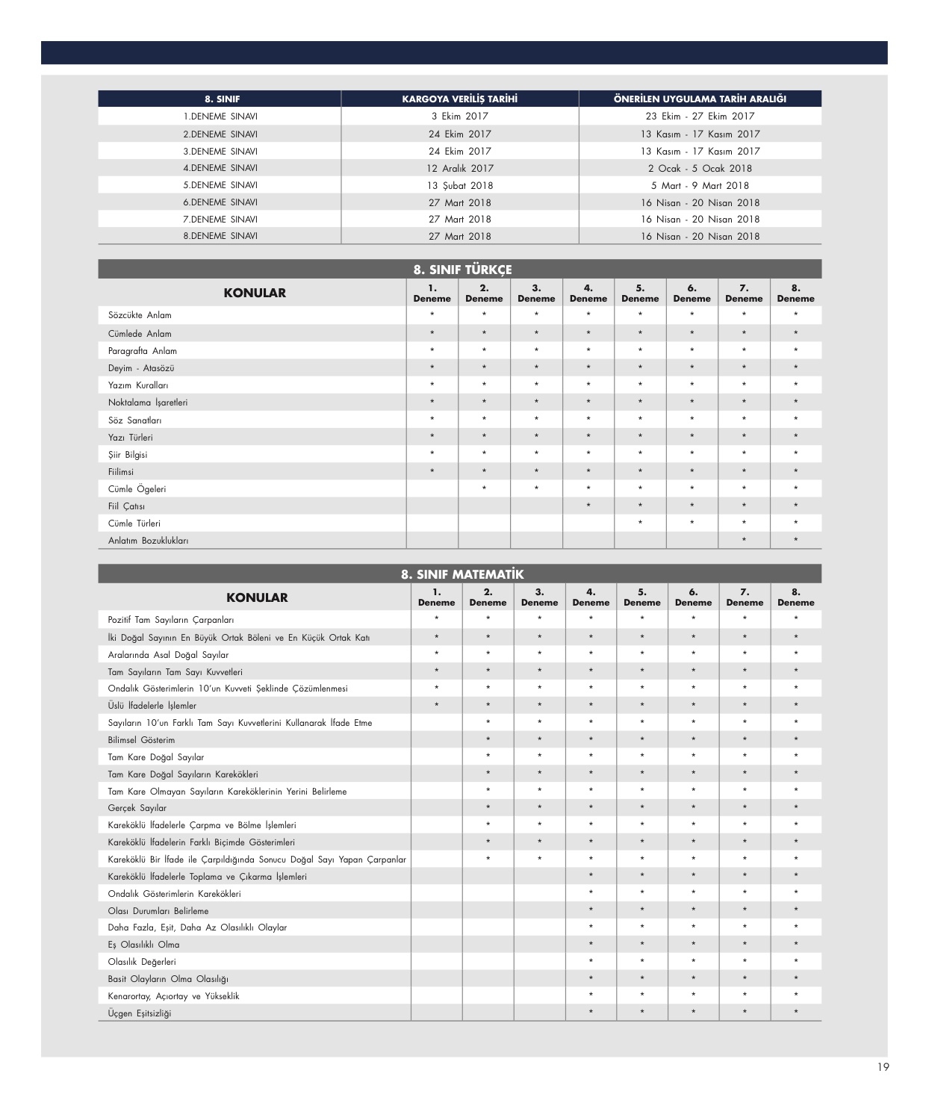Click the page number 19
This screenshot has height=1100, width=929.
883,1067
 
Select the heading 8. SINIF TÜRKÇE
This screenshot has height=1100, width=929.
462,270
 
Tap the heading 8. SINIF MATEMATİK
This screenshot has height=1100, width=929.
462,574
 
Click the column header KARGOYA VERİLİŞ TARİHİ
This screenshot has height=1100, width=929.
459,99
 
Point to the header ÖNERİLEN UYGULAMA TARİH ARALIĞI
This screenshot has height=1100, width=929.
700,99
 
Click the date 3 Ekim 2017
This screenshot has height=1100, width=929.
459,116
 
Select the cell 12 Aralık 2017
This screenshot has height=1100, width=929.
459,169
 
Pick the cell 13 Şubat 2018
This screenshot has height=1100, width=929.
459,186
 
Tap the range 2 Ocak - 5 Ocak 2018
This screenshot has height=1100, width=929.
700,169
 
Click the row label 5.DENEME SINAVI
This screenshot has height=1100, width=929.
220,185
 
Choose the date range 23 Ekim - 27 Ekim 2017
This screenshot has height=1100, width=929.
700,116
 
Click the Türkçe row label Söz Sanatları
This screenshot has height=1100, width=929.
134,420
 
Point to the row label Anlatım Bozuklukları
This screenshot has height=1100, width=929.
148,541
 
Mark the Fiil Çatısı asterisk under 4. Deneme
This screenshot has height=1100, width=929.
588,506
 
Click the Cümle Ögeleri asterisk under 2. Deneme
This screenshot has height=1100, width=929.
484,489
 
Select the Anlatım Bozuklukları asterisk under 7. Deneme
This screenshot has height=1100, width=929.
744,541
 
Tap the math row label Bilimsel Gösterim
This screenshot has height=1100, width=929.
141,740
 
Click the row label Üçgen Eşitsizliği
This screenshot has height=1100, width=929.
139,1013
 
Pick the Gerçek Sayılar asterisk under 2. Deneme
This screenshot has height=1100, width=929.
488,808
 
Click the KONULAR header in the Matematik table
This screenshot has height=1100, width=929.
256,597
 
